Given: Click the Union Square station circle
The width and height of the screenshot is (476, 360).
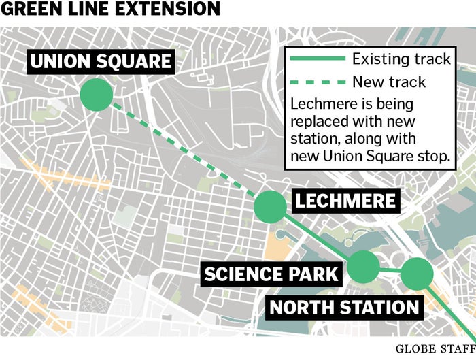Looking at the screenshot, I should [x=96, y=95].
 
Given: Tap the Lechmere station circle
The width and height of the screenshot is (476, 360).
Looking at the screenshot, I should [x=270, y=206].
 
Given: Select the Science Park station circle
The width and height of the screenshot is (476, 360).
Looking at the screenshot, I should [x=363, y=267].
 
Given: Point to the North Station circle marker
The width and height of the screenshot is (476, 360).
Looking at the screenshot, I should [x=416, y=274].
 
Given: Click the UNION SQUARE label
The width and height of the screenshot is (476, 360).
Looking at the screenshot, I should [x=101, y=62].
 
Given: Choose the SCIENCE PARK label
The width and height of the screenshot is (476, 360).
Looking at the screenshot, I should [x=271, y=274].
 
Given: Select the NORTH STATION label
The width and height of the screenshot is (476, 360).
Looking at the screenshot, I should [x=344, y=307].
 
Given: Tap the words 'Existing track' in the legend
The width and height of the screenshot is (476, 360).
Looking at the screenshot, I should [x=401, y=59].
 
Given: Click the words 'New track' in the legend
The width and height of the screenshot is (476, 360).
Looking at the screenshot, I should [x=389, y=82].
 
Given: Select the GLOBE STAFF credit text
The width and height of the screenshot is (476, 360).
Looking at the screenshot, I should [x=435, y=349].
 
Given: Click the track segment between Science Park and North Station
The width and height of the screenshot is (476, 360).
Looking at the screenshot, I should [x=390, y=271].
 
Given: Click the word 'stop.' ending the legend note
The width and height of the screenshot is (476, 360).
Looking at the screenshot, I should [x=434, y=157].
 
